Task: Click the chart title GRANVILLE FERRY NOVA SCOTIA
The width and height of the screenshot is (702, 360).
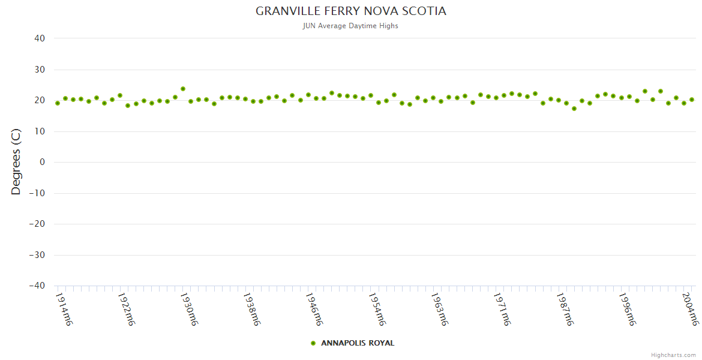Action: tap(351, 11)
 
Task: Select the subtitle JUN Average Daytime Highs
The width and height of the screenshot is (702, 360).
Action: tap(351, 26)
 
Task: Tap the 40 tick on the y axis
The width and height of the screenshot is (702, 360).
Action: tap(40, 38)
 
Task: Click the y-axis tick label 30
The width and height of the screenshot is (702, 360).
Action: tap(40, 70)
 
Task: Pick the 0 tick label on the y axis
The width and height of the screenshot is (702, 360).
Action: tap(43, 162)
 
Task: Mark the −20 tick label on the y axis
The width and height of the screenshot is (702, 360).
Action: tap(37, 224)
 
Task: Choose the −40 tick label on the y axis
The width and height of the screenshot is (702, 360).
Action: tap(37, 286)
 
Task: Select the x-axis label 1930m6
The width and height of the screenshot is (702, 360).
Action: tap(190, 309)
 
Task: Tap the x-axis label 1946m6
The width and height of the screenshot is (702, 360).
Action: tap(315, 309)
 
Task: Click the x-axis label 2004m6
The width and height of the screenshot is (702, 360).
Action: tap(691, 309)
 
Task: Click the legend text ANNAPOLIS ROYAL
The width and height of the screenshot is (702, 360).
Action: tap(358, 343)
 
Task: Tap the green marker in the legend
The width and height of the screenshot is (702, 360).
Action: tap(313, 343)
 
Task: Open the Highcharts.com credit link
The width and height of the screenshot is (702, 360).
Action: tap(673, 355)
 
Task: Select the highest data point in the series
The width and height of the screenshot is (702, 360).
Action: tap(183, 89)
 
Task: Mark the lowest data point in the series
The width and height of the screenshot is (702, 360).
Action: tap(574, 109)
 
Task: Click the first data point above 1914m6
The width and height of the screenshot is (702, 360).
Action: tap(58, 103)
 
